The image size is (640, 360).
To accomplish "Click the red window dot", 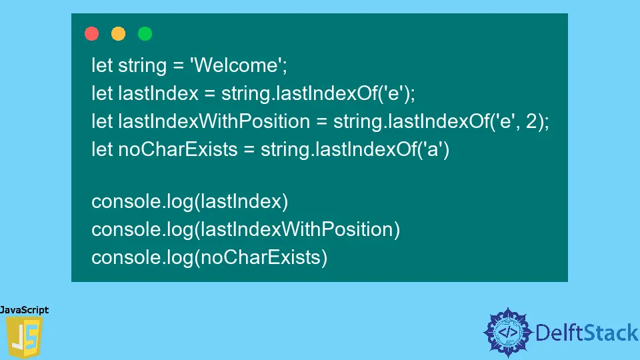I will coord(92,33).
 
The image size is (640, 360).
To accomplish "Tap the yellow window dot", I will coord(118,33).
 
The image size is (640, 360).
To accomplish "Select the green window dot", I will coord(145,33).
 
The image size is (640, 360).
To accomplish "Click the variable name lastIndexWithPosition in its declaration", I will coord(213,121).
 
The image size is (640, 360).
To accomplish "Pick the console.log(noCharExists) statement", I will coord(209,257).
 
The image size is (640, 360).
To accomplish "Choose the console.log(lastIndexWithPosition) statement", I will coord(245,229).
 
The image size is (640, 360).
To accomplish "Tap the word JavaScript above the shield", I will coord(25,310).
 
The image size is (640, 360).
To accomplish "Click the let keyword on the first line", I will coord(102,65).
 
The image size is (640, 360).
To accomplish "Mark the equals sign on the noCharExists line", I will coord(249,149).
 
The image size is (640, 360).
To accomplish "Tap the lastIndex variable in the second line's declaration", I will coord(158,93).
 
